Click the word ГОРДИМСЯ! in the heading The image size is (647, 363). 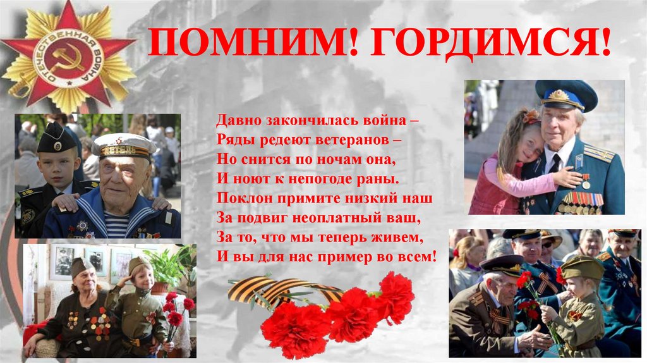(x=490, y=43)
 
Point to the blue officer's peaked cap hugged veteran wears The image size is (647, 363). (x=566, y=95)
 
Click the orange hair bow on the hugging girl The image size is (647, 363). (x=531, y=117)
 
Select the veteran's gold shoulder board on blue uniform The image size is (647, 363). (x=598, y=154)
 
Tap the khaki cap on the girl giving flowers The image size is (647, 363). (x=581, y=268)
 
